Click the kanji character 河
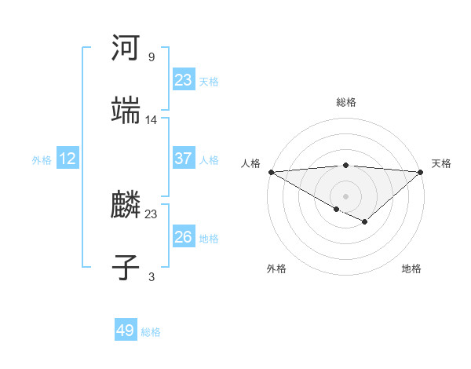pyautogui.click(x=126, y=49)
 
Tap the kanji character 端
pyautogui.click(x=126, y=111)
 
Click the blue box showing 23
pyautogui.click(x=184, y=80)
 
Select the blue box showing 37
pyautogui.click(x=184, y=159)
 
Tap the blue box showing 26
pyautogui.click(x=184, y=237)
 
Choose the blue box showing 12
pyautogui.click(x=68, y=159)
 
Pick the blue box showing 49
pyautogui.click(x=126, y=331)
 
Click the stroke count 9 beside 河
pyautogui.click(x=152, y=57)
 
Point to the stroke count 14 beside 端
pyautogui.click(x=152, y=120)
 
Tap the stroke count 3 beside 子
pyautogui.click(x=152, y=277)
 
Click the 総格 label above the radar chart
pyautogui.click(x=346, y=102)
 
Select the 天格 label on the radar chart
pyautogui.click(x=442, y=163)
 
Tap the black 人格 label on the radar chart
pyautogui.click(x=250, y=163)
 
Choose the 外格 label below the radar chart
pyautogui.click(x=276, y=269)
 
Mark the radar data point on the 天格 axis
pyautogui.click(x=422, y=171)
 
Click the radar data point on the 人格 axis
pyautogui.click(x=270, y=171)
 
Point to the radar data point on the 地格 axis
pyautogui.click(x=365, y=222)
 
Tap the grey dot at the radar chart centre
pyautogui.click(x=346, y=195)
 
